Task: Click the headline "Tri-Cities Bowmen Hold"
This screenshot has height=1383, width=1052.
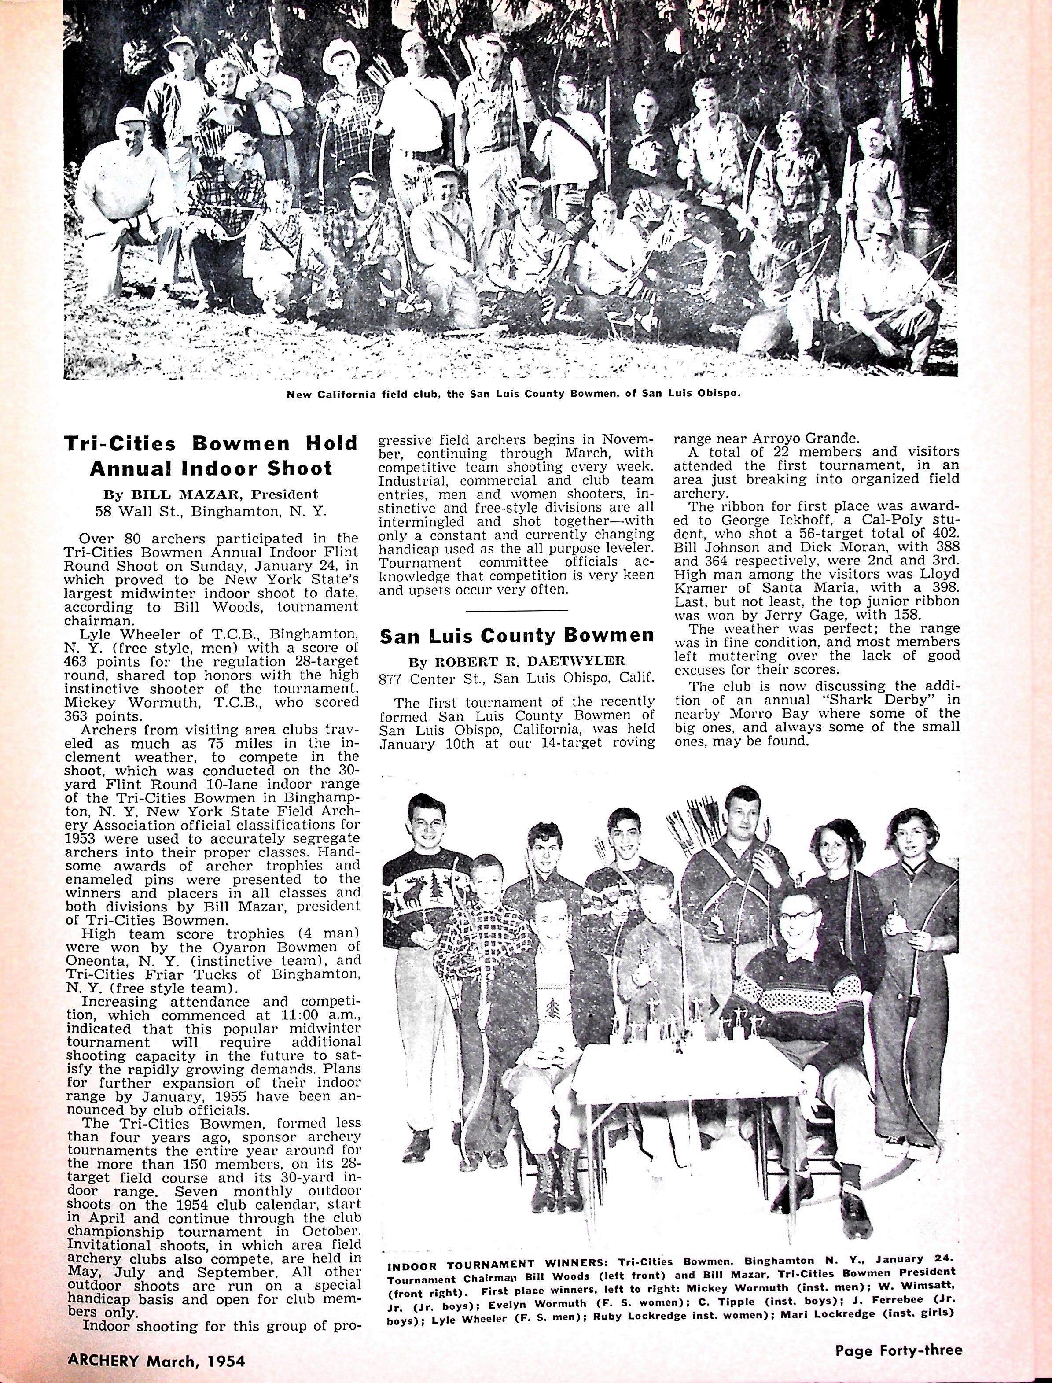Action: [211, 443]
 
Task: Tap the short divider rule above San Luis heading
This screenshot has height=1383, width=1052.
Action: [517, 609]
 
